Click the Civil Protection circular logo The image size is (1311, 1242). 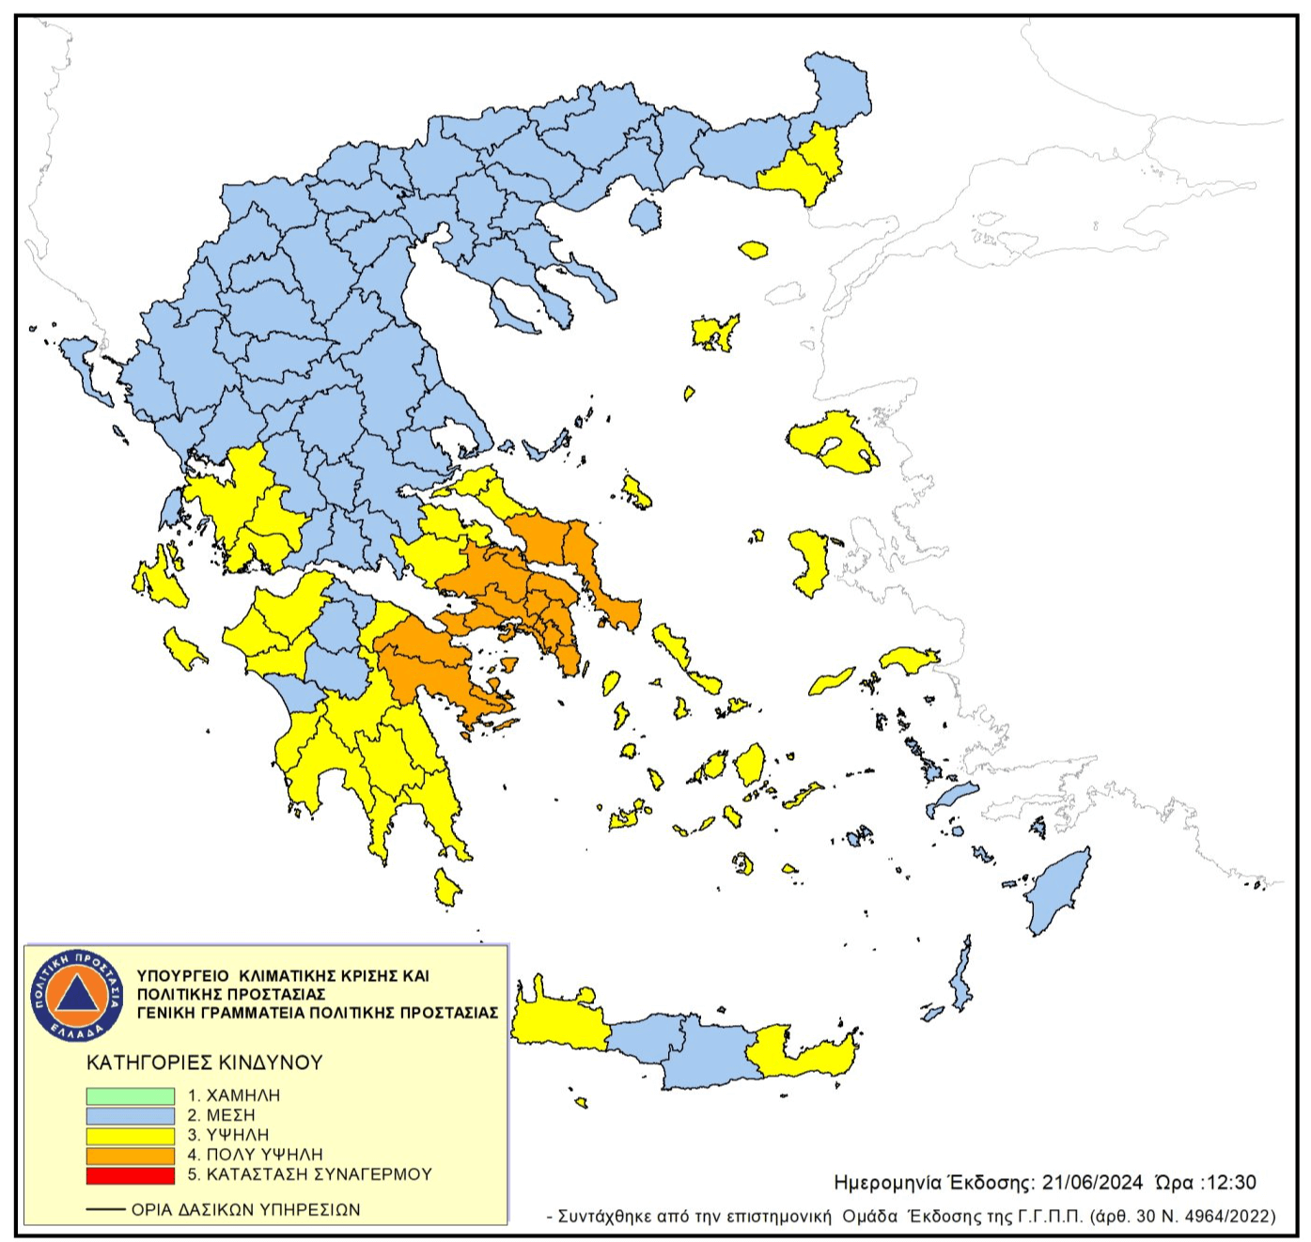pyautogui.click(x=77, y=995)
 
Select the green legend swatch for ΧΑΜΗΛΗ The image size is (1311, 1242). pyautogui.click(x=131, y=1095)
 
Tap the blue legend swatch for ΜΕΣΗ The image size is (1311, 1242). pyautogui.click(x=131, y=1115)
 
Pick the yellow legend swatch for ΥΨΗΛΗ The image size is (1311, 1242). pyautogui.click(x=131, y=1135)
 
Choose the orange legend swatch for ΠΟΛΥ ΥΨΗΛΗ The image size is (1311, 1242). pyautogui.click(x=131, y=1155)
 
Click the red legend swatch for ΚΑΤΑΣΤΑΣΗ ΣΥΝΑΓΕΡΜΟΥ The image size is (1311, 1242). pyautogui.click(x=131, y=1175)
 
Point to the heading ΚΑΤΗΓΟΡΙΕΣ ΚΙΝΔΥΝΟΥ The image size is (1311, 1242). pyautogui.click(x=204, y=1063)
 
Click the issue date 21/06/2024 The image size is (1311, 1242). pyautogui.click(x=1091, y=1182)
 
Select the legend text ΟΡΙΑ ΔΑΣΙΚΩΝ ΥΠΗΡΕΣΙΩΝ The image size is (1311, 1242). pyautogui.click(x=245, y=1210)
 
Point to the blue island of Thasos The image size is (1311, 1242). pyautogui.click(x=645, y=216)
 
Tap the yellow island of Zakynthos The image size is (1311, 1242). pyautogui.click(x=185, y=649)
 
